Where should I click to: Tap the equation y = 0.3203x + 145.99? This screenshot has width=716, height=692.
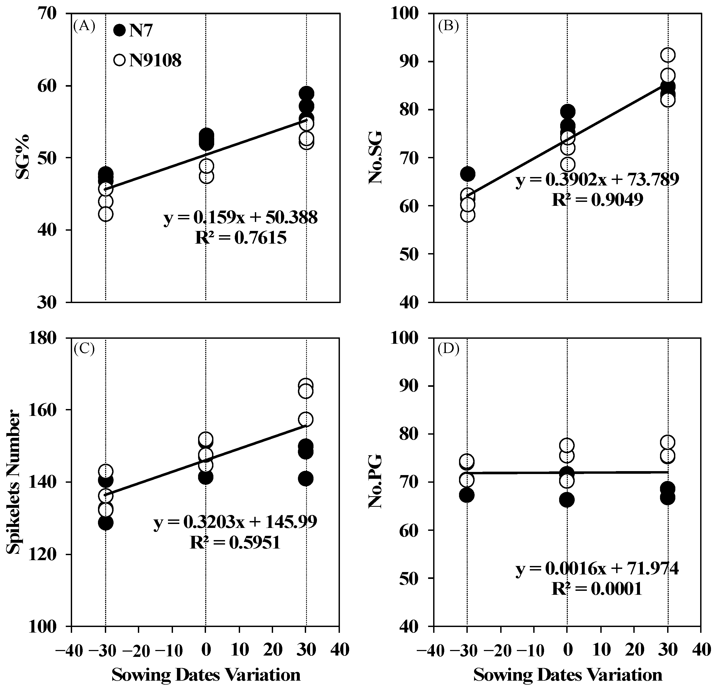coord(235,522)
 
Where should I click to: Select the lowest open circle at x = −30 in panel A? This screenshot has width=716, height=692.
coord(106,214)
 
